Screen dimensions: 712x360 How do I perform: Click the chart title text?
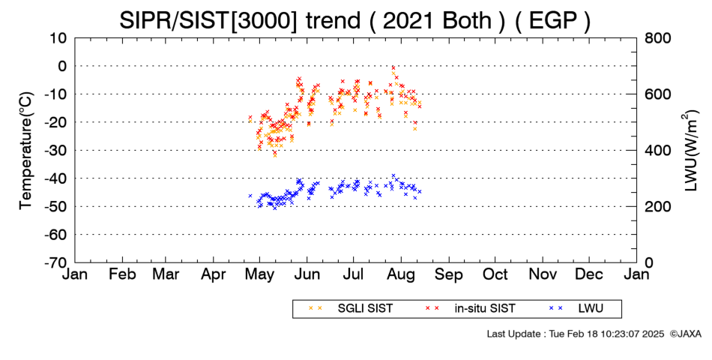[x=355, y=20]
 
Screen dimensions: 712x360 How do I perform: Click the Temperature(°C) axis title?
[x=26, y=151]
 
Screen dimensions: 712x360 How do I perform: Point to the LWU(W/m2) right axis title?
[x=690, y=151]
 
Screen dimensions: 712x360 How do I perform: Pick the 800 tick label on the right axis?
[x=658, y=38]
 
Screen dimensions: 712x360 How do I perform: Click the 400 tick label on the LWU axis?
[x=658, y=151]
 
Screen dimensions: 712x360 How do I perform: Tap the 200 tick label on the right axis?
[x=658, y=206]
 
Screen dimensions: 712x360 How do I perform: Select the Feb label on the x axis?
[x=122, y=274]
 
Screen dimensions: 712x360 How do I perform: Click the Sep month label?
[x=449, y=274]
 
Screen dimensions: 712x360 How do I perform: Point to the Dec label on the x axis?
[x=589, y=274]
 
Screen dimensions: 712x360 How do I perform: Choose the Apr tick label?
[x=214, y=274]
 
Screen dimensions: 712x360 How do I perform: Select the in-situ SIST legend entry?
[x=469, y=309]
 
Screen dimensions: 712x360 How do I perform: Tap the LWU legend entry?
[x=576, y=309]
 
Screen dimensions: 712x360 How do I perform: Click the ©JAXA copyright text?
[x=685, y=334]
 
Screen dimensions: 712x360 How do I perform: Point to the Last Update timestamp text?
[x=576, y=334]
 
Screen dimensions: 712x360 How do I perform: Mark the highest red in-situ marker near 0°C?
[x=393, y=67]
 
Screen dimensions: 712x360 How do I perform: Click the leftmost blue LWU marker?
[x=250, y=196]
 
